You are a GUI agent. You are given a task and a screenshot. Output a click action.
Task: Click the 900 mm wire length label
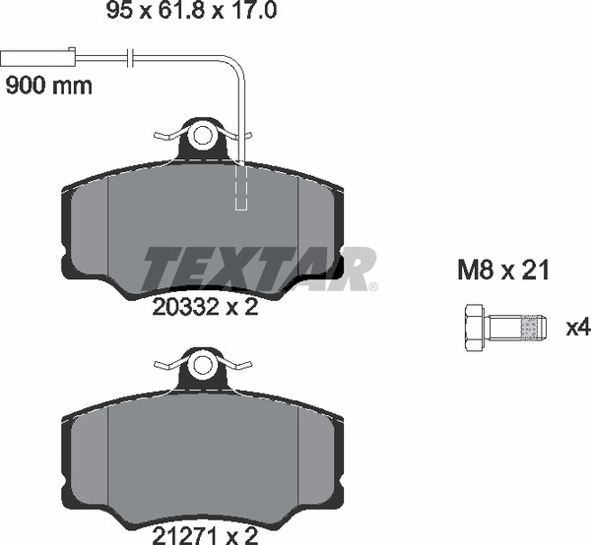(x=49, y=86)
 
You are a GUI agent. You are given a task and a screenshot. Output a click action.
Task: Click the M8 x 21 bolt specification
(x=503, y=270)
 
